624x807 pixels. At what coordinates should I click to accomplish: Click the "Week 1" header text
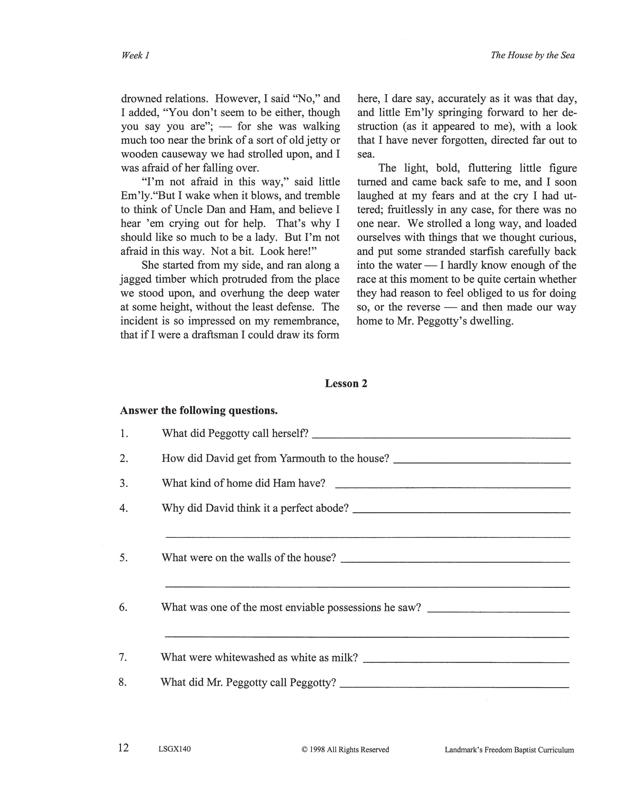point(135,55)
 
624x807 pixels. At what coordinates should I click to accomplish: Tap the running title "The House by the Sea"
point(533,55)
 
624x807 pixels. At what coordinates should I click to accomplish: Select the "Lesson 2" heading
point(346,384)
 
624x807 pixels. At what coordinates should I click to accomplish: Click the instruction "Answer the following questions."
point(198,411)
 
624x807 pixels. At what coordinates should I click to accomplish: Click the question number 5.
point(123,558)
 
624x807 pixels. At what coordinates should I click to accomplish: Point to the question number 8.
point(123,682)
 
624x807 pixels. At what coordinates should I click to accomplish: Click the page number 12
point(123,748)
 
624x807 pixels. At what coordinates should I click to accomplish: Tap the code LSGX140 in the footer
point(174,749)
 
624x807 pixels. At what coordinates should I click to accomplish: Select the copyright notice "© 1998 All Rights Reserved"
point(345,749)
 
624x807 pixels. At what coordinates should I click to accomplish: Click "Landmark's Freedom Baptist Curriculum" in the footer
point(509,750)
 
